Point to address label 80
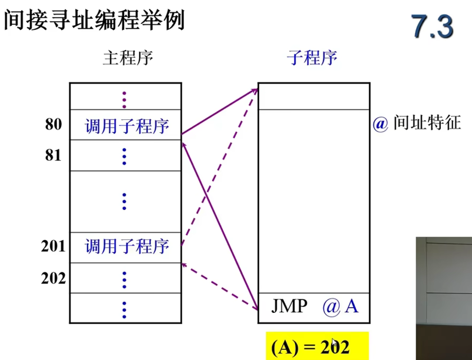tap(53, 125)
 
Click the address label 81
tap(53, 155)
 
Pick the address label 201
tap(53, 246)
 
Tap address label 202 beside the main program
tap(53, 278)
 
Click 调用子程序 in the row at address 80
tap(127, 126)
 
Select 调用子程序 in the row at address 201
tap(127, 246)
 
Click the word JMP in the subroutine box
tap(289, 306)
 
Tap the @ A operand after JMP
tap(340, 306)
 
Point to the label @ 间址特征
tap(417, 124)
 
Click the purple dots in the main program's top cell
tap(125, 98)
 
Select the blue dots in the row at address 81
tap(125, 156)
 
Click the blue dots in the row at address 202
tap(125, 279)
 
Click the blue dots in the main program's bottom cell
tap(125, 308)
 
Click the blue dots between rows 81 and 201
tap(125, 201)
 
